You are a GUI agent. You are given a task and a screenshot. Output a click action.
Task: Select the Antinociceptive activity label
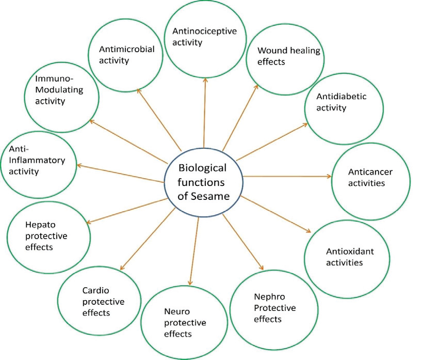click(204, 37)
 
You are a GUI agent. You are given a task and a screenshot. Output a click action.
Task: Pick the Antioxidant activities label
click(350, 257)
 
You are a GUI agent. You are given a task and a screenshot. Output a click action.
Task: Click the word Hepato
click(38, 225)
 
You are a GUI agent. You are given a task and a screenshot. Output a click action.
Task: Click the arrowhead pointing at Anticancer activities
click(328, 177)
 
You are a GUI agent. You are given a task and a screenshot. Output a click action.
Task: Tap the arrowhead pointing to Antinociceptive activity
click(205, 80)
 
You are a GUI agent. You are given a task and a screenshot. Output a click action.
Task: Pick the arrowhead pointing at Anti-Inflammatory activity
click(79, 165)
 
